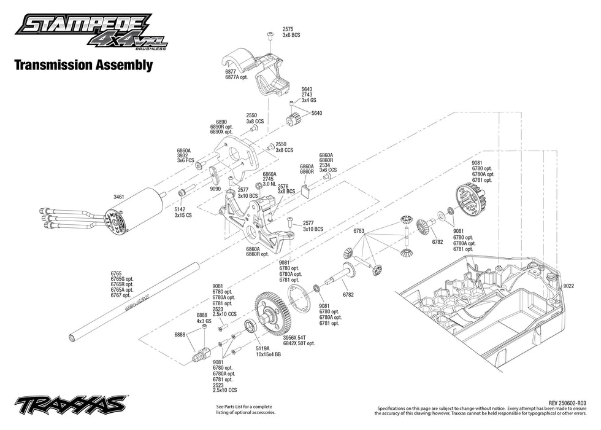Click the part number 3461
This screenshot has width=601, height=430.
click(119, 197)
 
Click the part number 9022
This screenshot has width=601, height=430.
click(568, 285)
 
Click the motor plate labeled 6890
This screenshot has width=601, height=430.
click(235, 157)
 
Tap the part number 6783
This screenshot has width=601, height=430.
click(359, 231)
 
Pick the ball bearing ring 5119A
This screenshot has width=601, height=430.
click(250, 326)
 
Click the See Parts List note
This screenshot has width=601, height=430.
click(245, 409)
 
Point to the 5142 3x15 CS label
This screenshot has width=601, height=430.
click(182, 213)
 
